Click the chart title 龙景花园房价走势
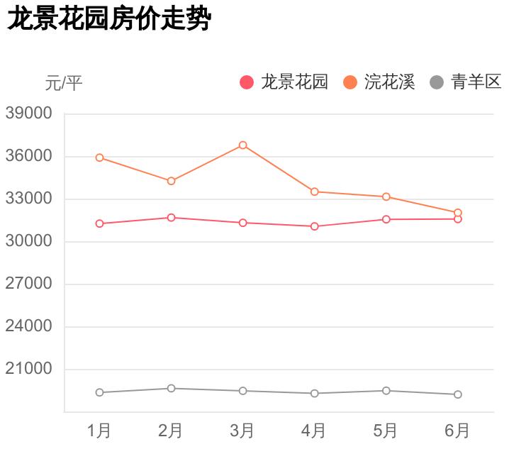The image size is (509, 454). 109,20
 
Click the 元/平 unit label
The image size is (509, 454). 64,83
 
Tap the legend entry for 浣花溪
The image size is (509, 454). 380,82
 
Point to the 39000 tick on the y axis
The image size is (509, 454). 29,113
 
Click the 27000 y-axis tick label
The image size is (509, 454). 29,284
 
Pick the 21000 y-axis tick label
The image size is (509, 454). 29,369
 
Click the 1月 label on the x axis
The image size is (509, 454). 99,431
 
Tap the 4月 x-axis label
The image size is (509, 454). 314,431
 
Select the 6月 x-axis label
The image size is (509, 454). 457,431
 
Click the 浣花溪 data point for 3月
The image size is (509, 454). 243,145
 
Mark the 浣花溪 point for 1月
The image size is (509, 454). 100,157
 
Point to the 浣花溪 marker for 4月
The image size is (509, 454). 315,192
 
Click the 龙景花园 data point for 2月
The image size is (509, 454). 172,218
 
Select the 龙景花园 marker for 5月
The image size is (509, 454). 386,219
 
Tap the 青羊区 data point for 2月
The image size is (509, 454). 172,388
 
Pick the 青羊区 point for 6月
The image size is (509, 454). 458,394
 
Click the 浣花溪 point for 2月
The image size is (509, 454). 172,181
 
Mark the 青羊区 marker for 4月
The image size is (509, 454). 315,393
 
